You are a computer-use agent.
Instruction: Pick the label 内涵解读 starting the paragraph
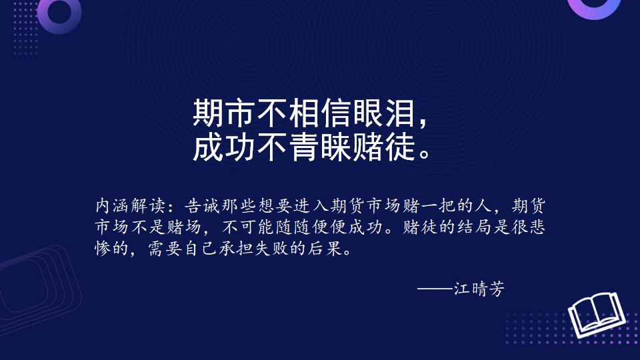pyautogui.click(x=131, y=206)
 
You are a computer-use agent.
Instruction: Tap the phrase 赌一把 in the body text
pyautogui.click(x=429, y=206)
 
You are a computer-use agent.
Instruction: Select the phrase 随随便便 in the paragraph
pyautogui.click(x=311, y=227)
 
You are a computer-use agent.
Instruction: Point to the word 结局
pyautogui.click(x=474, y=227)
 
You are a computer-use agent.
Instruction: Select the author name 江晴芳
pyautogui.click(x=479, y=289)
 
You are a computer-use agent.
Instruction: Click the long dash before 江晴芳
pyautogui.click(x=435, y=289)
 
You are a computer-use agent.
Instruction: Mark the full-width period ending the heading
pyautogui.click(x=425, y=154)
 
